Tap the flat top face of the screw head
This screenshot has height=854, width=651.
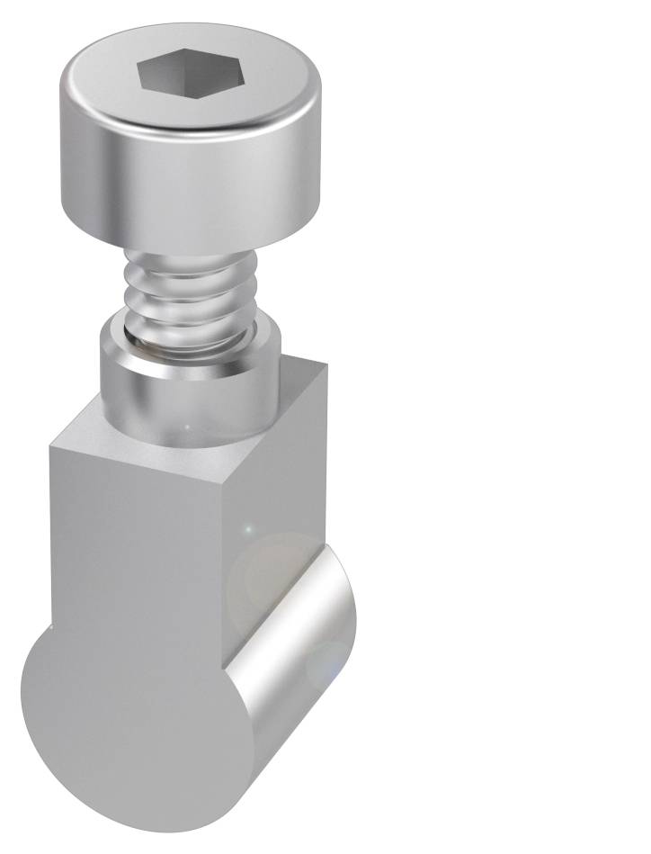pyautogui.click(x=252, y=85)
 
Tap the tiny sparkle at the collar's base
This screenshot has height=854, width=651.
pyautogui.click(x=186, y=425)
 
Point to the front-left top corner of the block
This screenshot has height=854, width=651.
pyautogui.click(x=51, y=445)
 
